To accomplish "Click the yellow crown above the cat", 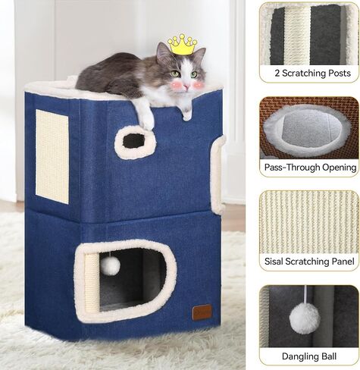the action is click(x=183, y=45).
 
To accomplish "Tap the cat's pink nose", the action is click(x=186, y=86).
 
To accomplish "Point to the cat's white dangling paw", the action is click(x=146, y=115).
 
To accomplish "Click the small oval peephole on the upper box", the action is click(x=134, y=141).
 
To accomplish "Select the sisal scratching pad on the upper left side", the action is click(x=52, y=156).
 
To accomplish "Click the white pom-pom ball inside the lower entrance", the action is click(x=110, y=266).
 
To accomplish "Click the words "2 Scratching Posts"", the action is click(x=313, y=74).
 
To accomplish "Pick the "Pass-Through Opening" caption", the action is click(x=310, y=168).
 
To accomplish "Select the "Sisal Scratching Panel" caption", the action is click(x=309, y=261).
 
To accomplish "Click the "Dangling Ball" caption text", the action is click(x=309, y=356).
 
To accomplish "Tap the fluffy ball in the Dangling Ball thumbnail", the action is click(x=305, y=318).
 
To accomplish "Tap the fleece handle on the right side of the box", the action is click(x=218, y=174).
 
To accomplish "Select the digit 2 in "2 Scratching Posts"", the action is click(x=277, y=74).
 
